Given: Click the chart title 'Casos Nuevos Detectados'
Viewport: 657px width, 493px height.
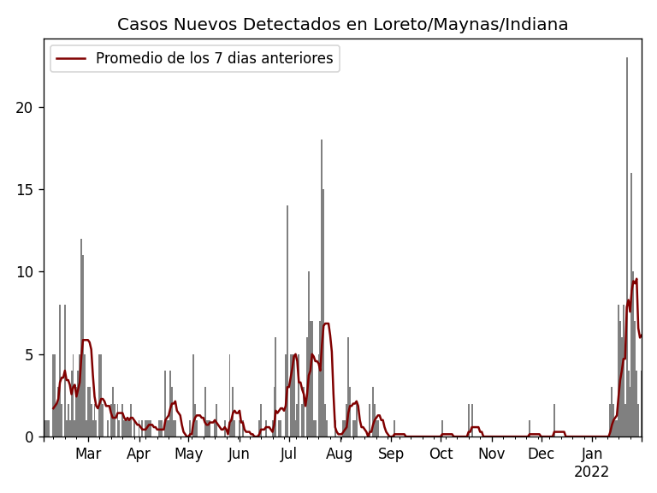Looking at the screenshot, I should [342, 25].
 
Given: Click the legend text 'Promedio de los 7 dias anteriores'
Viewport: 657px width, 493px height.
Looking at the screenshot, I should [214, 59].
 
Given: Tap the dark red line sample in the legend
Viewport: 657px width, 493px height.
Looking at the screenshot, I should [72, 59].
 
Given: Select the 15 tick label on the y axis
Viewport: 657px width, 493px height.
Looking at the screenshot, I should [26, 190].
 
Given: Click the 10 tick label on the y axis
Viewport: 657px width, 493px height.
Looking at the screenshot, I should [26, 272].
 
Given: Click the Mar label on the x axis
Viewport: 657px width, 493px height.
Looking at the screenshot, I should [88, 454].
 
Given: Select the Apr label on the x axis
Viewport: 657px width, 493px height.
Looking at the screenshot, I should [139, 454].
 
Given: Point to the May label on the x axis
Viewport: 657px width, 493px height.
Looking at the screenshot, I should [189, 454].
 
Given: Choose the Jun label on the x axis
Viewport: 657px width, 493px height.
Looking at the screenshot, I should [239, 454].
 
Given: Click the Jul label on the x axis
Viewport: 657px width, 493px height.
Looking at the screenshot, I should [288, 454].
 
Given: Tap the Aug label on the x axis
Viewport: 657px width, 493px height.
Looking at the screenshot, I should [339, 454].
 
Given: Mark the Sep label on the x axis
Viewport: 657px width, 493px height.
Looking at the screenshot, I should [390, 454].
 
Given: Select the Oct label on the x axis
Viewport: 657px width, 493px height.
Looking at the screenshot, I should [441, 454].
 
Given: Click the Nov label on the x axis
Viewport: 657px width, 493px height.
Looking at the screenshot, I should [491, 454].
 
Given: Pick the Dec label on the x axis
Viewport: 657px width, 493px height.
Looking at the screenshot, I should [541, 454].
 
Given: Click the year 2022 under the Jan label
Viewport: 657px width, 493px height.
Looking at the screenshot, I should [591, 472].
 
